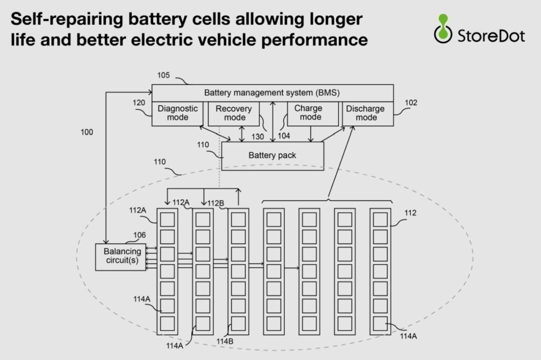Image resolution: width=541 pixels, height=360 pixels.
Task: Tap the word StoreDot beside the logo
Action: click(x=491, y=36)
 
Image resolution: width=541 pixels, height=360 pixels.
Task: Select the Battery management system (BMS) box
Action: click(x=272, y=93)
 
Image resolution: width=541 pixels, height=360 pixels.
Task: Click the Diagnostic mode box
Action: click(x=177, y=113)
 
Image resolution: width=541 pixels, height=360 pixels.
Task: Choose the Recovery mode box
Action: click(x=233, y=113)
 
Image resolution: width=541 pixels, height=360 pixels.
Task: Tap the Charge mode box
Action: click(x=313, y=113)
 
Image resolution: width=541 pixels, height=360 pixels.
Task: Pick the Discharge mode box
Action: click(x=368, y=113)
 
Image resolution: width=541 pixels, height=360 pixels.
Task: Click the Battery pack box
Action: click(x=272, y=155)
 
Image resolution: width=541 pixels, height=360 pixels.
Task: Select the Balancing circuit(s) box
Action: click(x=121, y=257)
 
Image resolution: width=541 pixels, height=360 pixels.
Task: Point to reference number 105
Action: click(x=163, y=75)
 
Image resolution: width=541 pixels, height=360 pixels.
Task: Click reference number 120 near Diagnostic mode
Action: click(x=138, y=103)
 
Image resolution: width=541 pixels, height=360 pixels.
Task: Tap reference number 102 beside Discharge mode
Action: click(x=411, y=103)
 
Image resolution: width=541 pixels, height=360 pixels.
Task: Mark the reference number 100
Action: click(x=86, y=132)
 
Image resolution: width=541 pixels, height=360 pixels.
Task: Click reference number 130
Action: click(x=257, y=136)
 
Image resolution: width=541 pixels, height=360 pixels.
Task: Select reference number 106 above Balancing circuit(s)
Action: click(x=139, y=235)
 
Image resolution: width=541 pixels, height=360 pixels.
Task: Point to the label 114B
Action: click(x=225, y=341)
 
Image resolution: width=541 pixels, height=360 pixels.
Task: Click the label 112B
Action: click(x=215, y=203)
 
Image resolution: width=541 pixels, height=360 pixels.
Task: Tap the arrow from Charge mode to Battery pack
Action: click(x=311, y=134)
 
